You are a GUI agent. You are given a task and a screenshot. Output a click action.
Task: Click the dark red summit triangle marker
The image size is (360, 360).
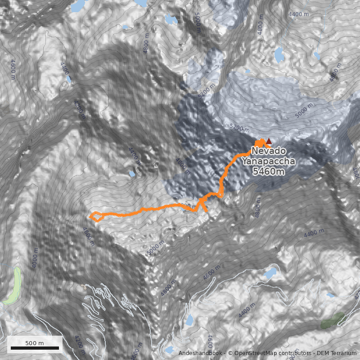pos(269,141)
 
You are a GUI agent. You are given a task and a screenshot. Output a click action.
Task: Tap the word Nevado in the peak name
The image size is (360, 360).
pos(265,151)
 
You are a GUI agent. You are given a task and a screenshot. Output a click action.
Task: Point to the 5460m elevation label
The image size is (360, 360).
pos(268,171)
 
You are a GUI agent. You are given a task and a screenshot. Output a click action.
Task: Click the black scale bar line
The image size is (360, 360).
pos(35,348)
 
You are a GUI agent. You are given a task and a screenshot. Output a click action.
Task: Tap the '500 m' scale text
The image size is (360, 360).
pos(35,343)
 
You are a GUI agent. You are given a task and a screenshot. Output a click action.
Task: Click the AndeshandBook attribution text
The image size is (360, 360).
pos(200,353)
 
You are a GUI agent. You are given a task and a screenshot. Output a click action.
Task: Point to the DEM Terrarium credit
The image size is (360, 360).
pos(336,353)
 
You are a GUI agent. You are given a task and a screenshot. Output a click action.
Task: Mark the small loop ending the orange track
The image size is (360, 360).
pos(96,216)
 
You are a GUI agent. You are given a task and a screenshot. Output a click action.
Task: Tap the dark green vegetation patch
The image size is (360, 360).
pos(333,320)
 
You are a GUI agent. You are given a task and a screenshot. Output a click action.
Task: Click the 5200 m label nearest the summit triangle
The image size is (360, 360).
pos(239,128)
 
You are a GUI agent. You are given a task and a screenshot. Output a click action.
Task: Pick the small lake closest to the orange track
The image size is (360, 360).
pos(132,173)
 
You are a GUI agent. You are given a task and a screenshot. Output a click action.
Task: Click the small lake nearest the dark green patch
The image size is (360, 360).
pos(330,296)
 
